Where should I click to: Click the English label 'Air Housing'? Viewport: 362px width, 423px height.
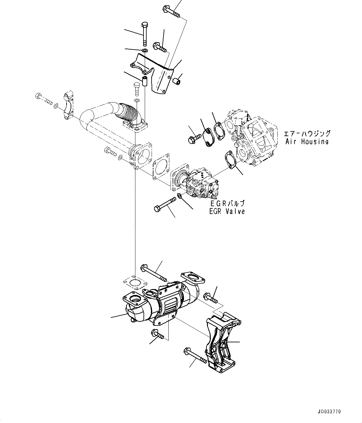(307, 142)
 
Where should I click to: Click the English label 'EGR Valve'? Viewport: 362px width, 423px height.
(227, 211)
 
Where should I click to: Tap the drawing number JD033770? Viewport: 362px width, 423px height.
(329, 412)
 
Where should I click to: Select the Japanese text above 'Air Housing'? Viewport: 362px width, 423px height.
(307, 134)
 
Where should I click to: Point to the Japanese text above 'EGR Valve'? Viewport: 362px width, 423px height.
(227, 203)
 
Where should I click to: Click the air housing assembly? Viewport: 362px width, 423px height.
(252, 137)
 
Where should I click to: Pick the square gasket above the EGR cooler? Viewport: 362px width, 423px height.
(134, 284)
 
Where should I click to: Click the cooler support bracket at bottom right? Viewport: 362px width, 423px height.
(222, 343)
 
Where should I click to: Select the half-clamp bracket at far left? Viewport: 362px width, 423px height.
(68, 106)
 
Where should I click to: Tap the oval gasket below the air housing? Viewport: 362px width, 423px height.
(229, 160)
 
